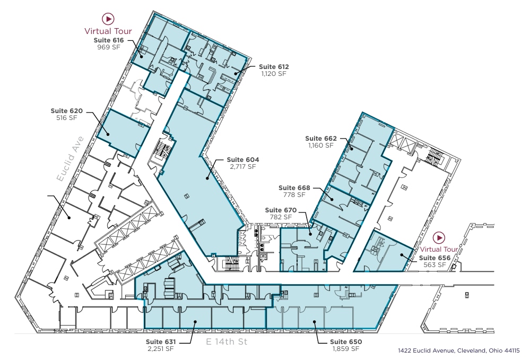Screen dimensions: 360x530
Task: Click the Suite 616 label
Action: coord(108,40)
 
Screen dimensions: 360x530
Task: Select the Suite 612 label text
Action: coord(274,67)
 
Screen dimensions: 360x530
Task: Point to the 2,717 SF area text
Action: coord(243,167)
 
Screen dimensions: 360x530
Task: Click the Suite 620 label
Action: coord(67,111)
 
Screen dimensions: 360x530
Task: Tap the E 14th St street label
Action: coord(227,342)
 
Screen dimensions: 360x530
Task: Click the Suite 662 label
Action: coord(321,139)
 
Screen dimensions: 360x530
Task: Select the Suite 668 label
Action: coord(294,188)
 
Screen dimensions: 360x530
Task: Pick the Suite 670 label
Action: coord(281,210)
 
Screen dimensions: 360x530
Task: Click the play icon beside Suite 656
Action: coord(439,237)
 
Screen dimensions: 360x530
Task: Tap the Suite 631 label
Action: coord(161,341)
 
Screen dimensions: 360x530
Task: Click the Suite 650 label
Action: coord(346,341)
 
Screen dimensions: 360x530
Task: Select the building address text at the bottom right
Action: coord(458,351)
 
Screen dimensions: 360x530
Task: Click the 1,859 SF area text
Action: coord(346,349)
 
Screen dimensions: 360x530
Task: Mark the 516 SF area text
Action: coord(67,118)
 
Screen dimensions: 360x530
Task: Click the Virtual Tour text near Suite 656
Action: coord(439,250)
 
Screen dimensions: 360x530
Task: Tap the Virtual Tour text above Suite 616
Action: coord(108,31)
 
